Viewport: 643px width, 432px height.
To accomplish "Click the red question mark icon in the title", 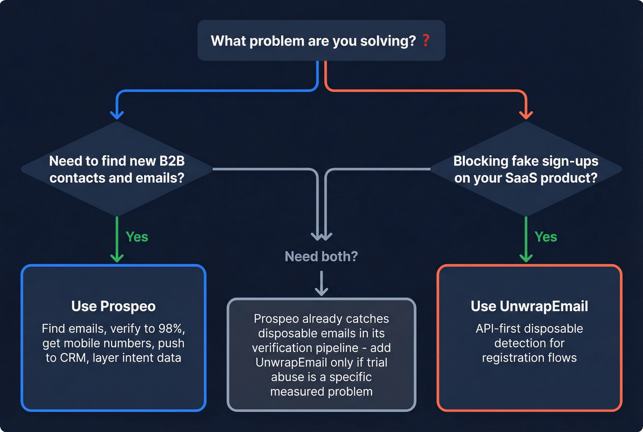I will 426,40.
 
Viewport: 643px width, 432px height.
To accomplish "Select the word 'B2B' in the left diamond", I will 172,161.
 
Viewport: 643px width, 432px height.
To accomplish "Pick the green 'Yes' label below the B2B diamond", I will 137,237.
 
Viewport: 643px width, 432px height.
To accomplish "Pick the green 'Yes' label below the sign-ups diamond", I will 546,237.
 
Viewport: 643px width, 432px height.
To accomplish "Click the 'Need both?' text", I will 321,257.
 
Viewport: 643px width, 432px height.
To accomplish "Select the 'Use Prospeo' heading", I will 113,306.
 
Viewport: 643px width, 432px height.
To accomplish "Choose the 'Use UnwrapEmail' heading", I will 529,306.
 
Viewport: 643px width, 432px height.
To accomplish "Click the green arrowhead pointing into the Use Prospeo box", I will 117,258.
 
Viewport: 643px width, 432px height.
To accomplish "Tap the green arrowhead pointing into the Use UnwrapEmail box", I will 526,258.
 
